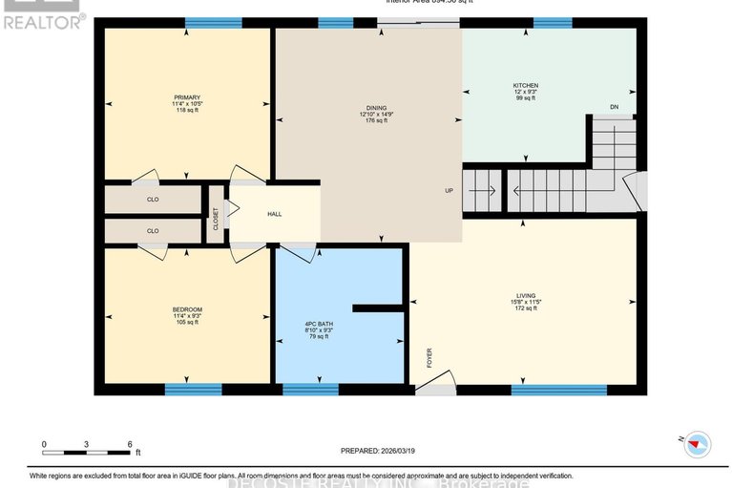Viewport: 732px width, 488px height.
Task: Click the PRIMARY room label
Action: (x=187, y=96)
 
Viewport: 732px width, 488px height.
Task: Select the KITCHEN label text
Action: (x=526, y=86)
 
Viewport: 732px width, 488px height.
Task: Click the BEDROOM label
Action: (x=187, y=308)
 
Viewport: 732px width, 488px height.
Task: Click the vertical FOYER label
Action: (x=429, y=357)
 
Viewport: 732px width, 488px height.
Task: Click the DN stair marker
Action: (x=615, y=107)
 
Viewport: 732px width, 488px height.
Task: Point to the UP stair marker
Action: (x=449, y=191)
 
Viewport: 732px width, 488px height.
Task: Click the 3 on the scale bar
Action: (x=87, y=444)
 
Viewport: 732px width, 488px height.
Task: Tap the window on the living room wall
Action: (x=558, y=389)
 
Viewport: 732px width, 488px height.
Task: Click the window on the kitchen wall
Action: (x=552, y=23)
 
